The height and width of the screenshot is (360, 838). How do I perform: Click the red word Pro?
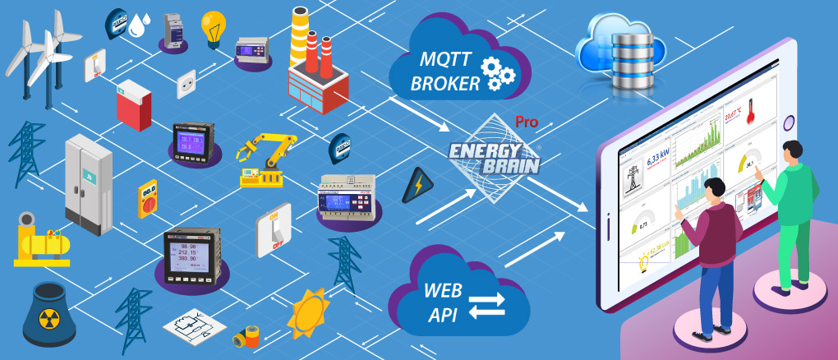click(527, 122)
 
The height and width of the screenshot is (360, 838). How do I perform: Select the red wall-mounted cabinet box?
click(132, 107)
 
